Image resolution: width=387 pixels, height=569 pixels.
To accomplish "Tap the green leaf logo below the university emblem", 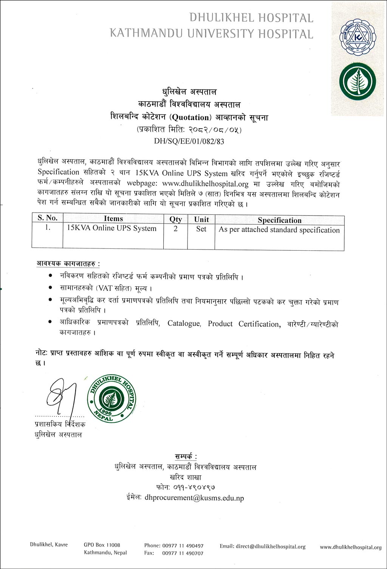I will coord(358,82).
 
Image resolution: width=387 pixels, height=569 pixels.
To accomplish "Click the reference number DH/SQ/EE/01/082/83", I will coord(189,142).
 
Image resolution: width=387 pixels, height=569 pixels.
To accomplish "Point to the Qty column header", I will coord(175,219).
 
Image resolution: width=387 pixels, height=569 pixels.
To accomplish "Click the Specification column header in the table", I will coord(279,220).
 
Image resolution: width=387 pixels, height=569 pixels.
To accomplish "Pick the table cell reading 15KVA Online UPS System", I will coord(111,228).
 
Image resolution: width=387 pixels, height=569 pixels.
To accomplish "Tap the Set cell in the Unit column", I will coord(201,229).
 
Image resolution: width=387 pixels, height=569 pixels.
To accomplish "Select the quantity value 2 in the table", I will coord(175,229).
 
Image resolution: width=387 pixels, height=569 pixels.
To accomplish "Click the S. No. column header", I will coord(47,218).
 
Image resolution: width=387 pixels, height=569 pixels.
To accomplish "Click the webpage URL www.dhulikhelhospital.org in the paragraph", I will coord(205,184).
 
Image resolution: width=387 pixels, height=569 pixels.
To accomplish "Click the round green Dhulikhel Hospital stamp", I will coord(111,398).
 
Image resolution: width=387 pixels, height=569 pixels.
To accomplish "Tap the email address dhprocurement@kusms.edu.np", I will coord(194,498).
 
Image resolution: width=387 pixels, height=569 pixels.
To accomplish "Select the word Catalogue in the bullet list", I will coord(184,324).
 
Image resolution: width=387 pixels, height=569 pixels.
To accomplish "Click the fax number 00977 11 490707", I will coord(183,553).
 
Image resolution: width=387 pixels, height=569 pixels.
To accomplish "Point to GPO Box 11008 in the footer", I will coord(102,545).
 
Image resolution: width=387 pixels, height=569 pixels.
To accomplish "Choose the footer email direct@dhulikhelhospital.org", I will coord(271,546).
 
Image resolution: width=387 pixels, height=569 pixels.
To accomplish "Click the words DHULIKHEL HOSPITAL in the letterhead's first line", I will coord(251,18).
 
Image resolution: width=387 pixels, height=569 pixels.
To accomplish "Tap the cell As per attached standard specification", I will coord(279,230).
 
